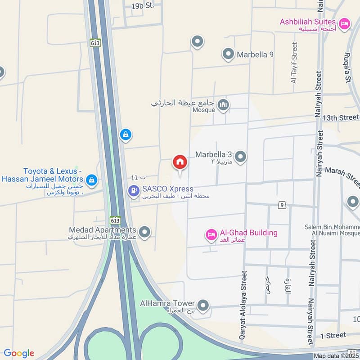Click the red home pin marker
tap(180, 162)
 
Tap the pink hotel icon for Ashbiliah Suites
tap(345, 23)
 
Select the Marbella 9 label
tap(255, 55)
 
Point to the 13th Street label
tap(341, 117)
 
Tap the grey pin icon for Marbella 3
tap(241, 157)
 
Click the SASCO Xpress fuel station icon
tap(134, 191)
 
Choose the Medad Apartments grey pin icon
tap(144, 232)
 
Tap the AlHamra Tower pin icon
tap(203, 306)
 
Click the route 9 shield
tap(282, 205)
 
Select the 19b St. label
tap(143, 6)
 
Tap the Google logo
tap(19, 353)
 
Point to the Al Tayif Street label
tap(294, 63)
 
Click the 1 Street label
tap(333, 335)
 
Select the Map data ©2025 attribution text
tap(337, 356)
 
